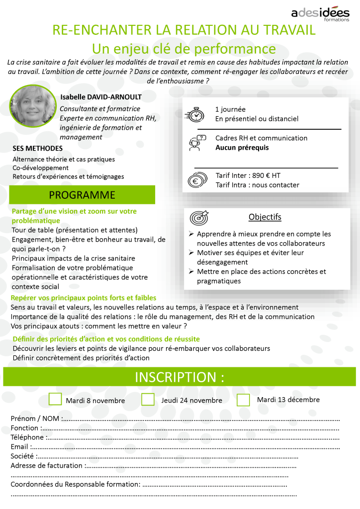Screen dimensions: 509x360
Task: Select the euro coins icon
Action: tap(196, 180)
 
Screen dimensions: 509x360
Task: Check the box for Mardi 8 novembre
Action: tap(56, 399)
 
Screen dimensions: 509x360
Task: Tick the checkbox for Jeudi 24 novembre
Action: tap(148, 399)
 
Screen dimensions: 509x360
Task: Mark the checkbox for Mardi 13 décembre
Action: tap(243, 399)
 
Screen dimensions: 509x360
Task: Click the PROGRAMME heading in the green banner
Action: tap(83, 194)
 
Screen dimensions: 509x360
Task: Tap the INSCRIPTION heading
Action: tap(180, 377)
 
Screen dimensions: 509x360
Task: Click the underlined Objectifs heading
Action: tap(265, 217)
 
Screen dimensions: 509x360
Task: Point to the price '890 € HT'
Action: tap(267, 175)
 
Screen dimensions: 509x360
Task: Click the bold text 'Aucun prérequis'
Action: tap(242, 148)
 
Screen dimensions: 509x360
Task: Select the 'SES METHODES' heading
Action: tap(38, 148)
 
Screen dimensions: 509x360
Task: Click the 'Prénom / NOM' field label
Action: tap(35, 419)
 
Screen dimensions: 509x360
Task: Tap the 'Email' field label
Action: tap(19, 447)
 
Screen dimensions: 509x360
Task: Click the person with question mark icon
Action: tap(196, 143)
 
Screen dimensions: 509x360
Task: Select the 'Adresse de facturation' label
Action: tap(47, 466)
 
